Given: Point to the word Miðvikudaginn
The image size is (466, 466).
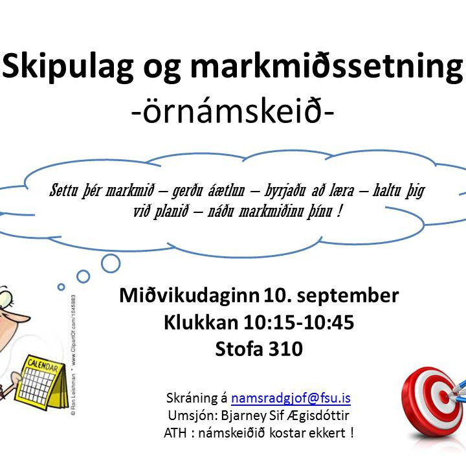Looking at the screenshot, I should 190,296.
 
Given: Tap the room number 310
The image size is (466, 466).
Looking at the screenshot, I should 286,349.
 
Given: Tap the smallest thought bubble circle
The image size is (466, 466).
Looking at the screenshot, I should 61,287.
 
